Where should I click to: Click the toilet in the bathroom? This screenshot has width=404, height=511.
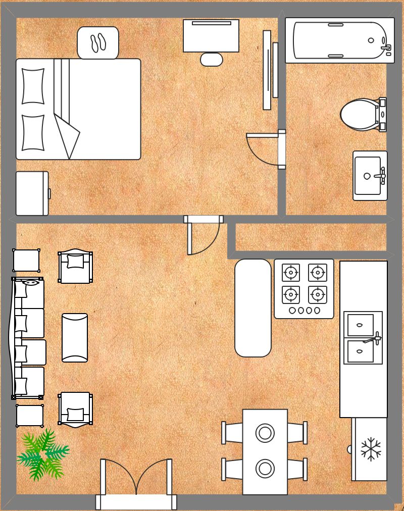click(x=361, y=115)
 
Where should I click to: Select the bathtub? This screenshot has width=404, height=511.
click(x=339, y=40)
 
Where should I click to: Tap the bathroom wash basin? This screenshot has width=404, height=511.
click(x=369, y=176)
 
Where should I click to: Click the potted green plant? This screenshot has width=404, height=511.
click(x=42, y=455)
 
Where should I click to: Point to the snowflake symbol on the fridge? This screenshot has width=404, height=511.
click(x=371, y=449)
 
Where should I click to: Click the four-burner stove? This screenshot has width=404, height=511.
click(x=304, y=288)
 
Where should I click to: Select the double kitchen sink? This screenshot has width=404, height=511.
click(x=363, y=338)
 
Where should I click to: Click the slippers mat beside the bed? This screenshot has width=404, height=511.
click(x=98, y=43)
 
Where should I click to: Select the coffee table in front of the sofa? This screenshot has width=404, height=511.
click(x=75, y=337)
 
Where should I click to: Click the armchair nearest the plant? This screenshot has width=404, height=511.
click(x=76, y=410)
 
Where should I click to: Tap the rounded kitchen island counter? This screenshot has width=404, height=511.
click(x=253, y=308)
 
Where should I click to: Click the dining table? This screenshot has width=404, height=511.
click(x=265, y=451)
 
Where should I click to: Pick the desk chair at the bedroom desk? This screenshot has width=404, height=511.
click(x=212, y=60)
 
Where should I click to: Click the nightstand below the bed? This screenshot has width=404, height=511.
click(x=32, y=193)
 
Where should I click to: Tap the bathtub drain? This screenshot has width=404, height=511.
click(x=371, y=40)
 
